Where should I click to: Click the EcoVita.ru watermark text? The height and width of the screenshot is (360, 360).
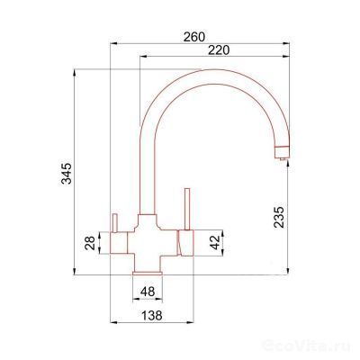pos(320,346)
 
